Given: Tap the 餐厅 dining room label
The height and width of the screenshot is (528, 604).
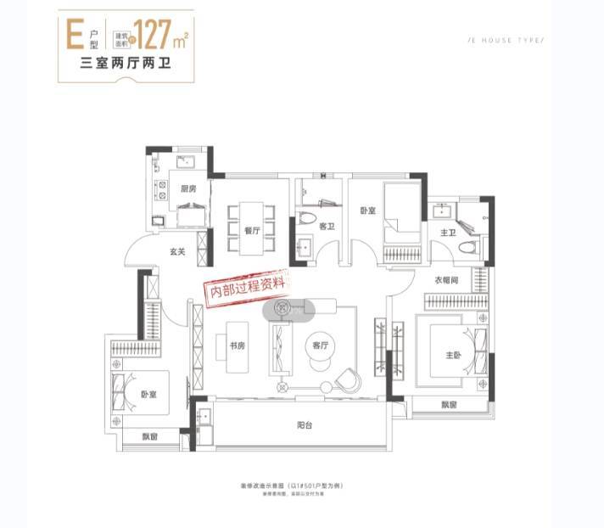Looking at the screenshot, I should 250,229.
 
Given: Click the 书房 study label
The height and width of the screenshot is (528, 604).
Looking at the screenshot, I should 237,345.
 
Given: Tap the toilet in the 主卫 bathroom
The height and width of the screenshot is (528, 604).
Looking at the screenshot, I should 466,246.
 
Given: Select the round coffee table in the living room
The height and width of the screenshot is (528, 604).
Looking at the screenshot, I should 318,355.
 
